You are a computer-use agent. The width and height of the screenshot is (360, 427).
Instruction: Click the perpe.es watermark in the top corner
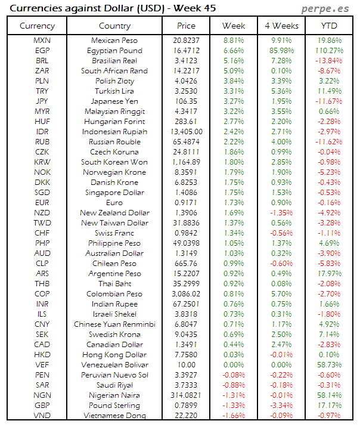click(326, 8)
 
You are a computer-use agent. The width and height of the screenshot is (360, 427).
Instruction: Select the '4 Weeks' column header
click(281, 26)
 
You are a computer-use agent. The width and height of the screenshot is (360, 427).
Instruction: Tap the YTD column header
click(329, 26)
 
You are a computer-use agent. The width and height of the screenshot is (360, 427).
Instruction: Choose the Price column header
click(186, 26)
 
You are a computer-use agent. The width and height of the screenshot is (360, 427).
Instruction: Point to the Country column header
click(114, 26)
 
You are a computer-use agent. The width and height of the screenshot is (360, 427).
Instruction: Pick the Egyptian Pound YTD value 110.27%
click(329, 51)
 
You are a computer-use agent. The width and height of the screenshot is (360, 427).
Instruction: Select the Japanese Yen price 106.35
click(186, 101)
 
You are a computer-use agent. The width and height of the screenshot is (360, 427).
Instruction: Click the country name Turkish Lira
click(114, 91)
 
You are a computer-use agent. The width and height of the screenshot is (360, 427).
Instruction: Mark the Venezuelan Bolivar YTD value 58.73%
click(329, 364)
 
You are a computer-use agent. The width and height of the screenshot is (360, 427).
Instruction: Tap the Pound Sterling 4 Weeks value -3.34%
click(281, 405)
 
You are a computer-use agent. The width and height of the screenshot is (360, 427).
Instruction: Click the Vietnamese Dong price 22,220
click(186, 415)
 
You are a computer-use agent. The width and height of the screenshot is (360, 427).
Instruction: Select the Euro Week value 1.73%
click(234, 203)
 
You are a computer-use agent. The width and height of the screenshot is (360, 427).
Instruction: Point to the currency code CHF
click(37, 233)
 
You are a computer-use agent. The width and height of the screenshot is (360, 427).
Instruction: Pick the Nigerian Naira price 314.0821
click(186, 395)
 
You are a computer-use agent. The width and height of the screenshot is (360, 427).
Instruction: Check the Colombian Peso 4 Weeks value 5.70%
click(281, 293)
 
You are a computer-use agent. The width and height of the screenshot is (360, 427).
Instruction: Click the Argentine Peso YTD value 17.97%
click(329, 273)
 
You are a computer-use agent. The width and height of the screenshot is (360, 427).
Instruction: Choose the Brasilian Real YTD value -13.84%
click(329, 61)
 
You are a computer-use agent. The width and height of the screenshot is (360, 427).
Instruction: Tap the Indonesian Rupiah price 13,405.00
click(186, 132)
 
